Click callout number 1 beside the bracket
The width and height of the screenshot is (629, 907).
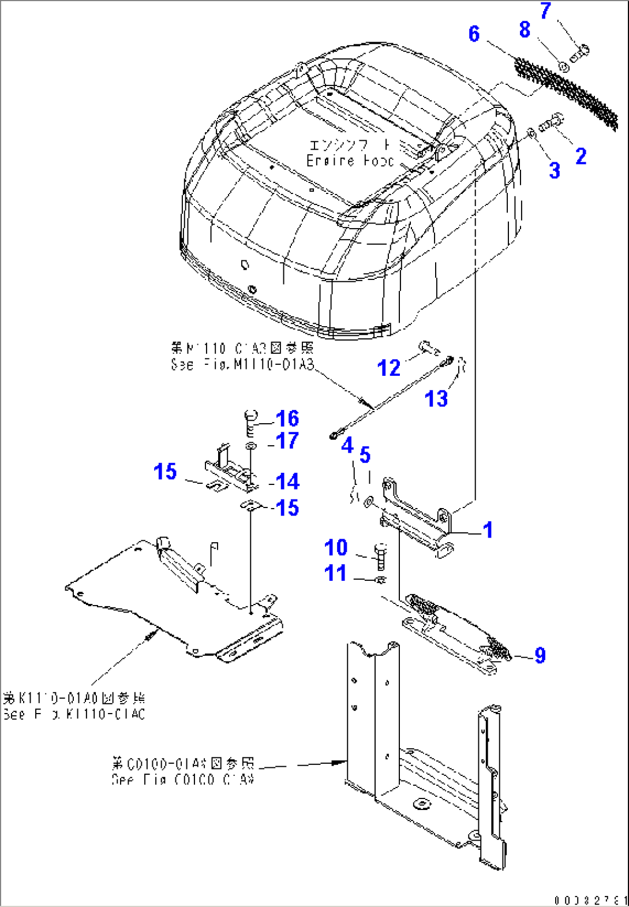pyautogui.click(x=488, y=529)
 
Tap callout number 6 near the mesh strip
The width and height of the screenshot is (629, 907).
pyautogui.click(x=474, y=34)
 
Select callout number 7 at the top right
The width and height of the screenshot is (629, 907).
pyautogui.click(x=545, y=11)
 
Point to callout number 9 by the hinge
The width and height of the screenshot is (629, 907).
pyautogui.click(x=540, y=655)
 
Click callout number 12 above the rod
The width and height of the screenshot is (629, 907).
pyautogui.click(x=388, y=368)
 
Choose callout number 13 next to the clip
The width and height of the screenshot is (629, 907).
pyautogui.click(x=436, y=398)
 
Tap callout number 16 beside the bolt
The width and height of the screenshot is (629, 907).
pyautogui.click(x=287, y=419)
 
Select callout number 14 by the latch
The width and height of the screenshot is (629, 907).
pyautogui.click(x=287, y=481)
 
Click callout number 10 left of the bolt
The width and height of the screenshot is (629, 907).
pyautogui.click(x=336, y=547)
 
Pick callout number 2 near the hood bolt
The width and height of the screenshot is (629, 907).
pyautogui.click(x=581, y=156)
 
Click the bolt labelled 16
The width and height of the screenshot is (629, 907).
pyautogui.click(x=251, y=423)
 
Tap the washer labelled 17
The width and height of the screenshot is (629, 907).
pyautogui.click(x=251, y=446)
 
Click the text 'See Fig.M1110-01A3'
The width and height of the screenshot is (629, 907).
pyautogui.click(x=242, y=365)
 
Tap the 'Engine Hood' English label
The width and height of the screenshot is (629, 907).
pyautogui.click(x=350, y=161)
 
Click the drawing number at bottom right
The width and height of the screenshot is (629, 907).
pyautogui.click(x=590, y=900)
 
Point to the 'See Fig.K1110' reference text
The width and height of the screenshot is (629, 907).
pyautogui.click(x=74, y=714)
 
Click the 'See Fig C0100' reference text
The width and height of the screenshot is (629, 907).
pyautogui.click(x=183, y=779)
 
